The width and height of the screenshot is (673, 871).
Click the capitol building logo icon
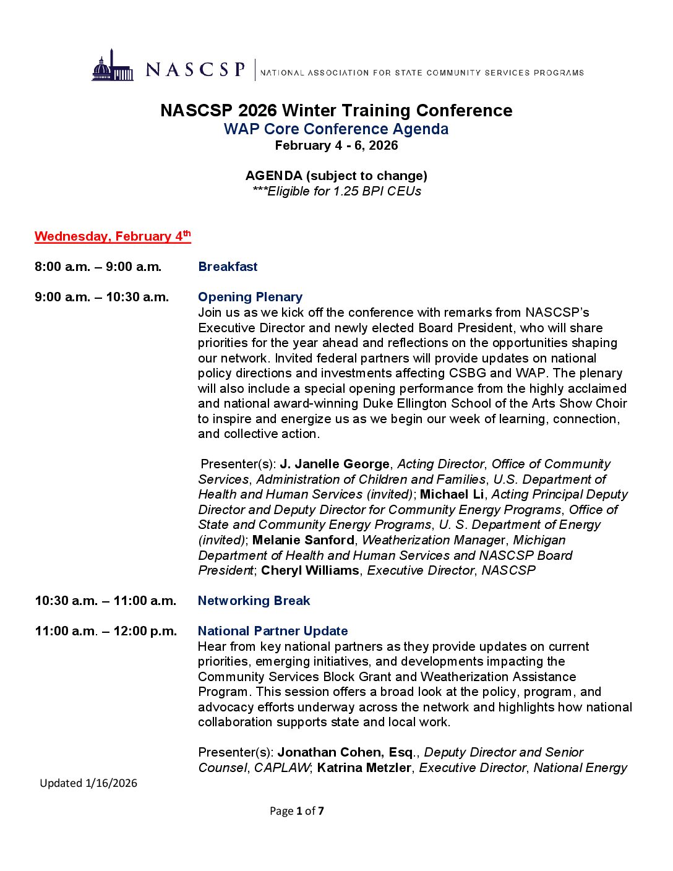click(113, 66)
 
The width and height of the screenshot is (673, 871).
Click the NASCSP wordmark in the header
click(195, 69)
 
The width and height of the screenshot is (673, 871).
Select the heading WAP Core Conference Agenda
click(336, 129)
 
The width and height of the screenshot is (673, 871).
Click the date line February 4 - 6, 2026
click(336, 145)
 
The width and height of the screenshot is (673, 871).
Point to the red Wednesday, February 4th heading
click(113, 236)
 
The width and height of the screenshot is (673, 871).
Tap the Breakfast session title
click(228, 267)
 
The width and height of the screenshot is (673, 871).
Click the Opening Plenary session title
click(250, 297)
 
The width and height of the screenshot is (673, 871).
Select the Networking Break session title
click(254, 601)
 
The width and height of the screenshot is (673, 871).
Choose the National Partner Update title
click(273, 631)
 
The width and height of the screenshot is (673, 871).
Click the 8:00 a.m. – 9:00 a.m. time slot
click(98, 267)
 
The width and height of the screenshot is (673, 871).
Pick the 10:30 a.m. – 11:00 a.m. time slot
click(105, 601)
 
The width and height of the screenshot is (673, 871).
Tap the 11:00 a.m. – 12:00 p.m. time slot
click(106, 631)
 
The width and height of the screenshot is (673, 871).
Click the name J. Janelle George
click(335, 464)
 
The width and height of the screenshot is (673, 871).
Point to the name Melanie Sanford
click(303, 540)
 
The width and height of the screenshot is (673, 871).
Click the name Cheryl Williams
click(310, 570)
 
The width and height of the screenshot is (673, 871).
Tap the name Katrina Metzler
click(364, 768)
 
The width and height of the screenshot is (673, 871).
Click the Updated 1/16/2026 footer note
click(88, 783)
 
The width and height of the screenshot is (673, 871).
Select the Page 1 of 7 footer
click(296, 811)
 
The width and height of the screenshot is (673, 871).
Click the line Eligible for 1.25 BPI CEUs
click(336, 191)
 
